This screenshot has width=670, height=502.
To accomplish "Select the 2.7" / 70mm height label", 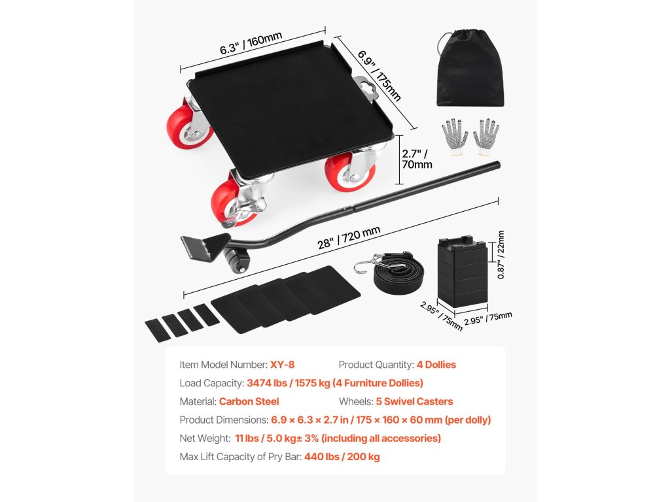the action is (x=417, y=159).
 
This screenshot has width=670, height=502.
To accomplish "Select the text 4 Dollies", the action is (x=436, y=365).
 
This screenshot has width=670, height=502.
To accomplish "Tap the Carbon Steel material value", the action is (x=249, y=401).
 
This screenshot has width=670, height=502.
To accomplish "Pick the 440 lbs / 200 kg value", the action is (x=342, y=456).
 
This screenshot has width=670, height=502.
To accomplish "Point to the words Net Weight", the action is (x=204, y=438).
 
